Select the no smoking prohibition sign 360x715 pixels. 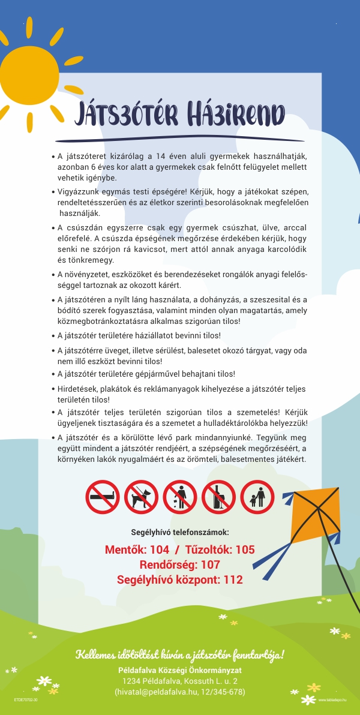coord(103,497)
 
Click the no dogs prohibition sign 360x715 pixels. coord(141,497)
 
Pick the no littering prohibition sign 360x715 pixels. coord(180,497)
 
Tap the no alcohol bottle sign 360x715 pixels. coord(218,497)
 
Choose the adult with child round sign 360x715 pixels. coord(257,497)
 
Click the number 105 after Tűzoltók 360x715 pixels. coord(245,549)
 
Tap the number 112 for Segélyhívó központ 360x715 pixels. coord(233,579)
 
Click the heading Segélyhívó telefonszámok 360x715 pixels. coord(179,531)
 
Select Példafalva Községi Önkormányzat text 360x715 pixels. coord(179,669)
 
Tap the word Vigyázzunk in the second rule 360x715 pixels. coord(79,191)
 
